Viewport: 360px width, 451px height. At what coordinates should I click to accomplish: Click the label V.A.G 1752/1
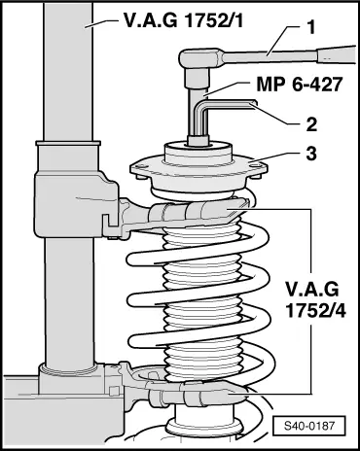tap(183, 20)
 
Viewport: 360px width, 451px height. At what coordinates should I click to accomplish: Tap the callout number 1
tap(311, 27)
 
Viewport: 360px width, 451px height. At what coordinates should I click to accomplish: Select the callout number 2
tap(311, 124)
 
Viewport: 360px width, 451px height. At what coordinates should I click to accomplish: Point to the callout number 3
tap(310, 154)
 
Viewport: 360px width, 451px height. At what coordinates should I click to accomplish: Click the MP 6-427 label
tap(300, 85)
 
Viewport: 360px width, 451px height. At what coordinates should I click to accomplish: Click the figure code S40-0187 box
tap(308, 426)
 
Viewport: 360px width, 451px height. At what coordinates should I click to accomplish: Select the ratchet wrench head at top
tap(198, 59)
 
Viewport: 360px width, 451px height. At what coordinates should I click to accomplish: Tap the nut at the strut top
tap(198, 141)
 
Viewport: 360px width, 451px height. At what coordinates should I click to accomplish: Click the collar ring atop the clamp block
tap(68, 143)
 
